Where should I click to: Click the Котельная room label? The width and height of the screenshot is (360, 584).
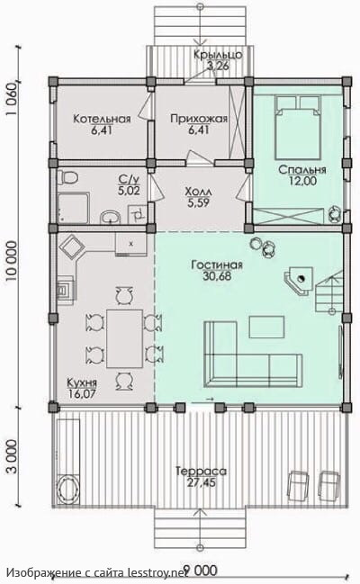102,119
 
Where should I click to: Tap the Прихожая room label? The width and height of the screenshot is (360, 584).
199,119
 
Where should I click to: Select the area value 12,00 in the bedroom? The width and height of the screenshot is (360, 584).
302,181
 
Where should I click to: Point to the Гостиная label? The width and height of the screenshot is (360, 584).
217,265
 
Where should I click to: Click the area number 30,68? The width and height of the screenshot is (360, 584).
217,276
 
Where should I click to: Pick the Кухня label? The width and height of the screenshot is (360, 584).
82,382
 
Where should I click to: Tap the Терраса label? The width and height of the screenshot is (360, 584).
201,472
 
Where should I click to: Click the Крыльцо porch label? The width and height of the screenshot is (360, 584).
218,55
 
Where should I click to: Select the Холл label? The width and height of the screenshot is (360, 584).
199,192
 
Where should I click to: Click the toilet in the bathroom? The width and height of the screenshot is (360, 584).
67,177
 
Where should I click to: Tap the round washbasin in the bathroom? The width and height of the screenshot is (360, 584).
111,216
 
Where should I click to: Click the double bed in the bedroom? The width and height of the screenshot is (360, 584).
298,127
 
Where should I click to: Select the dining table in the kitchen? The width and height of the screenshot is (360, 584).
124,338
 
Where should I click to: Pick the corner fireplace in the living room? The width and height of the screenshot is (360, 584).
299,280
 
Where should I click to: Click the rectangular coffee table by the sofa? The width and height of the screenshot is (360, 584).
266,327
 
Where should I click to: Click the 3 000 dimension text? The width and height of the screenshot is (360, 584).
12,456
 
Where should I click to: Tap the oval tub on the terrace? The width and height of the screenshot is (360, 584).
68,490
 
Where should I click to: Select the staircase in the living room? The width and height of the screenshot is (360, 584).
329,294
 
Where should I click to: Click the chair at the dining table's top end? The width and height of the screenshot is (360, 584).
124,296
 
